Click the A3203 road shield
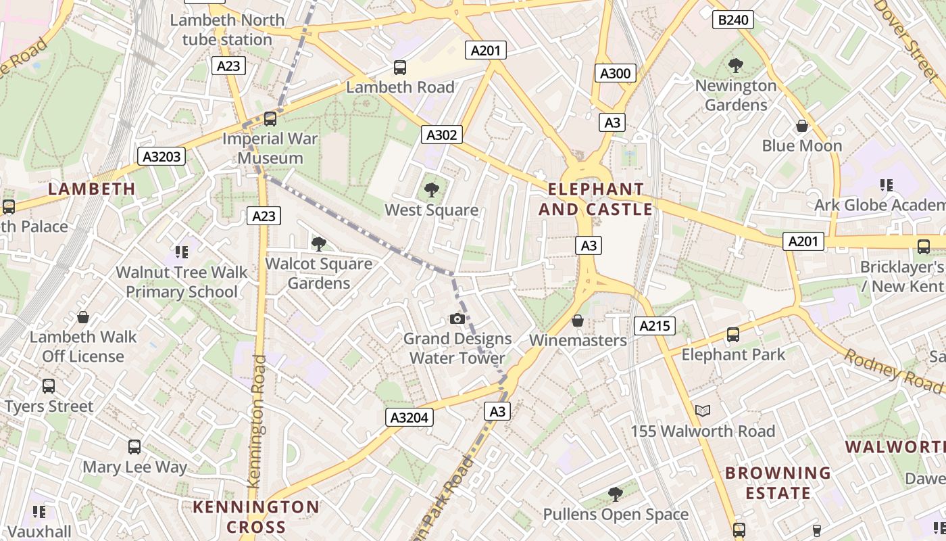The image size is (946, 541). click(x=162, y=157)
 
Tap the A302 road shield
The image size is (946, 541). click(x=442, y=135)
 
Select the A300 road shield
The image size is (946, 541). click(x=615, y=73)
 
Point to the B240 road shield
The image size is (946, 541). click(x=733, y=20)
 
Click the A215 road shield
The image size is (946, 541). click(x=655, y=327)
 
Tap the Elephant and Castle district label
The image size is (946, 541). click(x=595, y=199)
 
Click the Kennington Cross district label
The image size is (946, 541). click(x=256, y=517)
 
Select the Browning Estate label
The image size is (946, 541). click(x=778, y=483)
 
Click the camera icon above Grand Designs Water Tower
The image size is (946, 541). click(x=457, y=319)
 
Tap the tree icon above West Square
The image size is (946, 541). click(x=431, y=190)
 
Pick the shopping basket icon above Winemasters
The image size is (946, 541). click(x=578, y=320)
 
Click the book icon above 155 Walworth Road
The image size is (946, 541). click(x=703, y=410)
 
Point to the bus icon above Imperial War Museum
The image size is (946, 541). click(x=270, y=119)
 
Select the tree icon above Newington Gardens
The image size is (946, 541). click(x=736, y=66)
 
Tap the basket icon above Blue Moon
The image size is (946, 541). click(x=802, y=126)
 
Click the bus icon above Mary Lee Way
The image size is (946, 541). click(x=134, y=447)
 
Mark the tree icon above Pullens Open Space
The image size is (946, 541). click(x=615, y=494)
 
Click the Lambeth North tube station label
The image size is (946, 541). click(x=227, y=30)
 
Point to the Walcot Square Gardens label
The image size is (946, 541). click(x=319, y=273)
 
